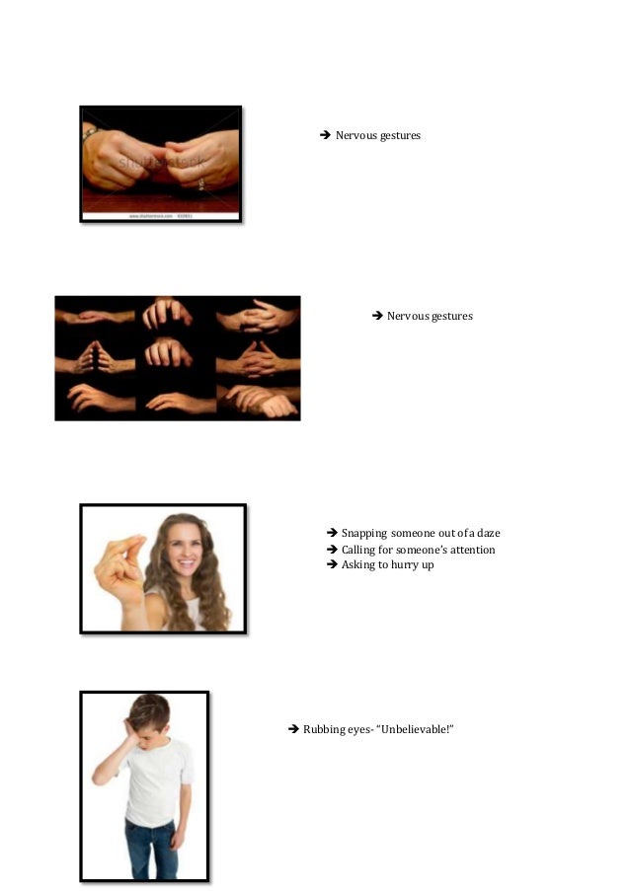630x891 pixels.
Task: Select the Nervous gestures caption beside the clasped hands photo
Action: tap(377, 135)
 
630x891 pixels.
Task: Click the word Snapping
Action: tap(364, 534)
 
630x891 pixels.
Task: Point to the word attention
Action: tap(472, 550)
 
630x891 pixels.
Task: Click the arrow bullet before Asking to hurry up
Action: tap(332, 565)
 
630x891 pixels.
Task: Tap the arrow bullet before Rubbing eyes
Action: tap(292, 729)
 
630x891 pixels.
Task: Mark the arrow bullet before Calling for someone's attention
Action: tap(332, 550)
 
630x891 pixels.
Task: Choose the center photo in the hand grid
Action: tap(177, 357)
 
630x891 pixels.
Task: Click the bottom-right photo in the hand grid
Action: tap(259, 400)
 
